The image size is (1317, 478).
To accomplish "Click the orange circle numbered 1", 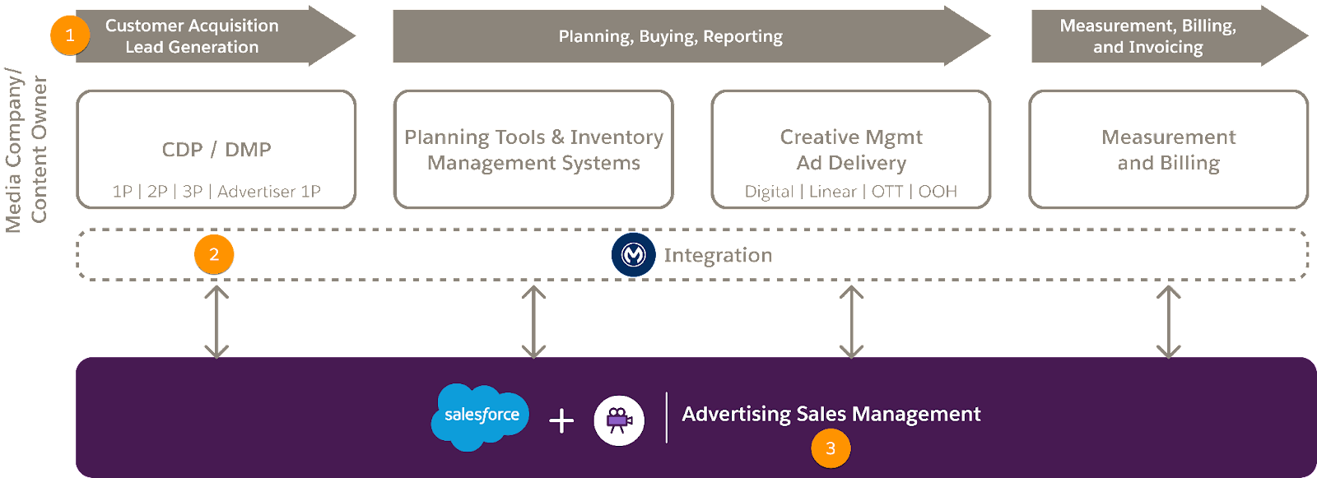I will pyautogui.click(x=70, y=35).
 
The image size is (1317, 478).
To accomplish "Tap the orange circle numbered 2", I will pyautogui.click(x=214, y=255).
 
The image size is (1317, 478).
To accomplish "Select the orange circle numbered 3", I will pyautogui.click(x=831, y=448).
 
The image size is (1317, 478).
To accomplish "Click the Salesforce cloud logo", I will pyautogui.click(x=481, y=415).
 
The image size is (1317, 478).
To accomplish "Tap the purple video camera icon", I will pyautogui.click(x=619, y=420).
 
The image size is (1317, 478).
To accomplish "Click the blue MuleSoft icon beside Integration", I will pyautogui.click(x=633, y=255).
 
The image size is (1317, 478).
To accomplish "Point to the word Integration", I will pyautogui.click(x=718, y=256).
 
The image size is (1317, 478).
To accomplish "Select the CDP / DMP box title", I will pyautogui.click(x=216, y=150).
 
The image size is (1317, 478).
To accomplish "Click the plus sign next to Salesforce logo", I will pyautogui.click(x=561, y=421).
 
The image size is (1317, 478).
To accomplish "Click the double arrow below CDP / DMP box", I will pyautogui.click(x=216, y=322).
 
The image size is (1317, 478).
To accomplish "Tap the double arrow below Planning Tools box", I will pyautogui.click(x=533, y=322).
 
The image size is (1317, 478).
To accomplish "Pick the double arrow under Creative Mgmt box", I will pyautogui.click(x=851, y=322).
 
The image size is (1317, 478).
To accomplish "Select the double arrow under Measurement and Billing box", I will pyautogui.click(x=1168, y=322).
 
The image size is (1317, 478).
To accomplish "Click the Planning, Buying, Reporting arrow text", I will pyautogui.click(x=670, y=36).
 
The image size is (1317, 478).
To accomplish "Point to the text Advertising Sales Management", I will pyautogui.click(x=831, y=414).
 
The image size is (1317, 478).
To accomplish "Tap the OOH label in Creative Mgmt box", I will pyautogui.click(x=938, y=192).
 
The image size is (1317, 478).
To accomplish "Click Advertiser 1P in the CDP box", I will pyautogui.click(x=269, y=192).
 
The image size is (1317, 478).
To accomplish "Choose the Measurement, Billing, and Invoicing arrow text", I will pyautogui.click(x=1147, y=36).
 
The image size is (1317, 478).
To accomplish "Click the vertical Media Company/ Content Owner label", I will pyautogui.click(x=27, y=150).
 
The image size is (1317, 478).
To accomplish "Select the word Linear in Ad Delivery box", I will pyautogui.click(x=832, y=192).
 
